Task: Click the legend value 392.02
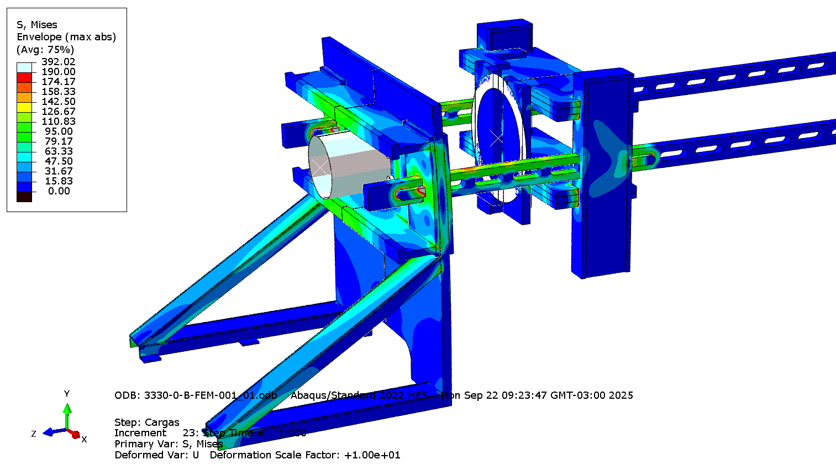[58, 62]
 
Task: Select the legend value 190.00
[58, 72]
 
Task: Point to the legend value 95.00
[58, 131]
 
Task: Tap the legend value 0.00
[59, 191]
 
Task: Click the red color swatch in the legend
[24, 77]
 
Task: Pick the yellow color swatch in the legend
[24, 107]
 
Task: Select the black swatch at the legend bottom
[24, 197]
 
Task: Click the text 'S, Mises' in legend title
[37, 25]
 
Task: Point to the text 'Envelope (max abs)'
[66, 37]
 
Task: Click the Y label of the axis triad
[67, 394]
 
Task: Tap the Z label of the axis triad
[34, 434]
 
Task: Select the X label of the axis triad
[84, 440]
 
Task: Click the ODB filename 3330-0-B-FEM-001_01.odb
[211, 395]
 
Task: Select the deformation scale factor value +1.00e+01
[372, 455]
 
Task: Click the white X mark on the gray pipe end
[320, 166]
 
